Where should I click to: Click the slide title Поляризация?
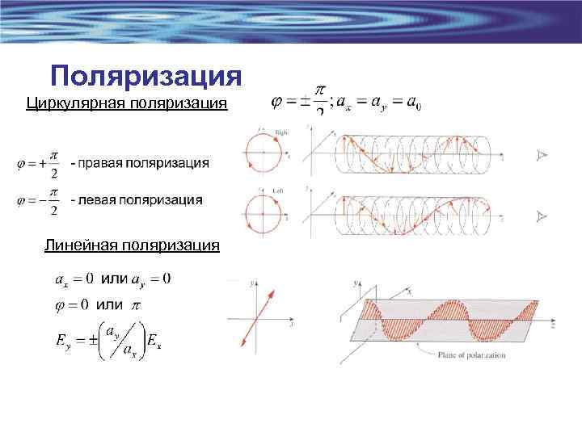(x=145, y=76)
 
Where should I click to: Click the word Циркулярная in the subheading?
(x=70, y=103)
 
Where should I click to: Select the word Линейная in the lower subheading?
(x=75, y=245)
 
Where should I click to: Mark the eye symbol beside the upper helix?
(x=542, y=156)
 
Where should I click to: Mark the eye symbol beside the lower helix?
(x=542, y=216)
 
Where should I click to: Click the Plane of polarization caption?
(x=472, y=354)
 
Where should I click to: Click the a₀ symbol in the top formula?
(x=414, y=104)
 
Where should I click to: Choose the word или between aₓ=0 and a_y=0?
(x=114, y=279)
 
